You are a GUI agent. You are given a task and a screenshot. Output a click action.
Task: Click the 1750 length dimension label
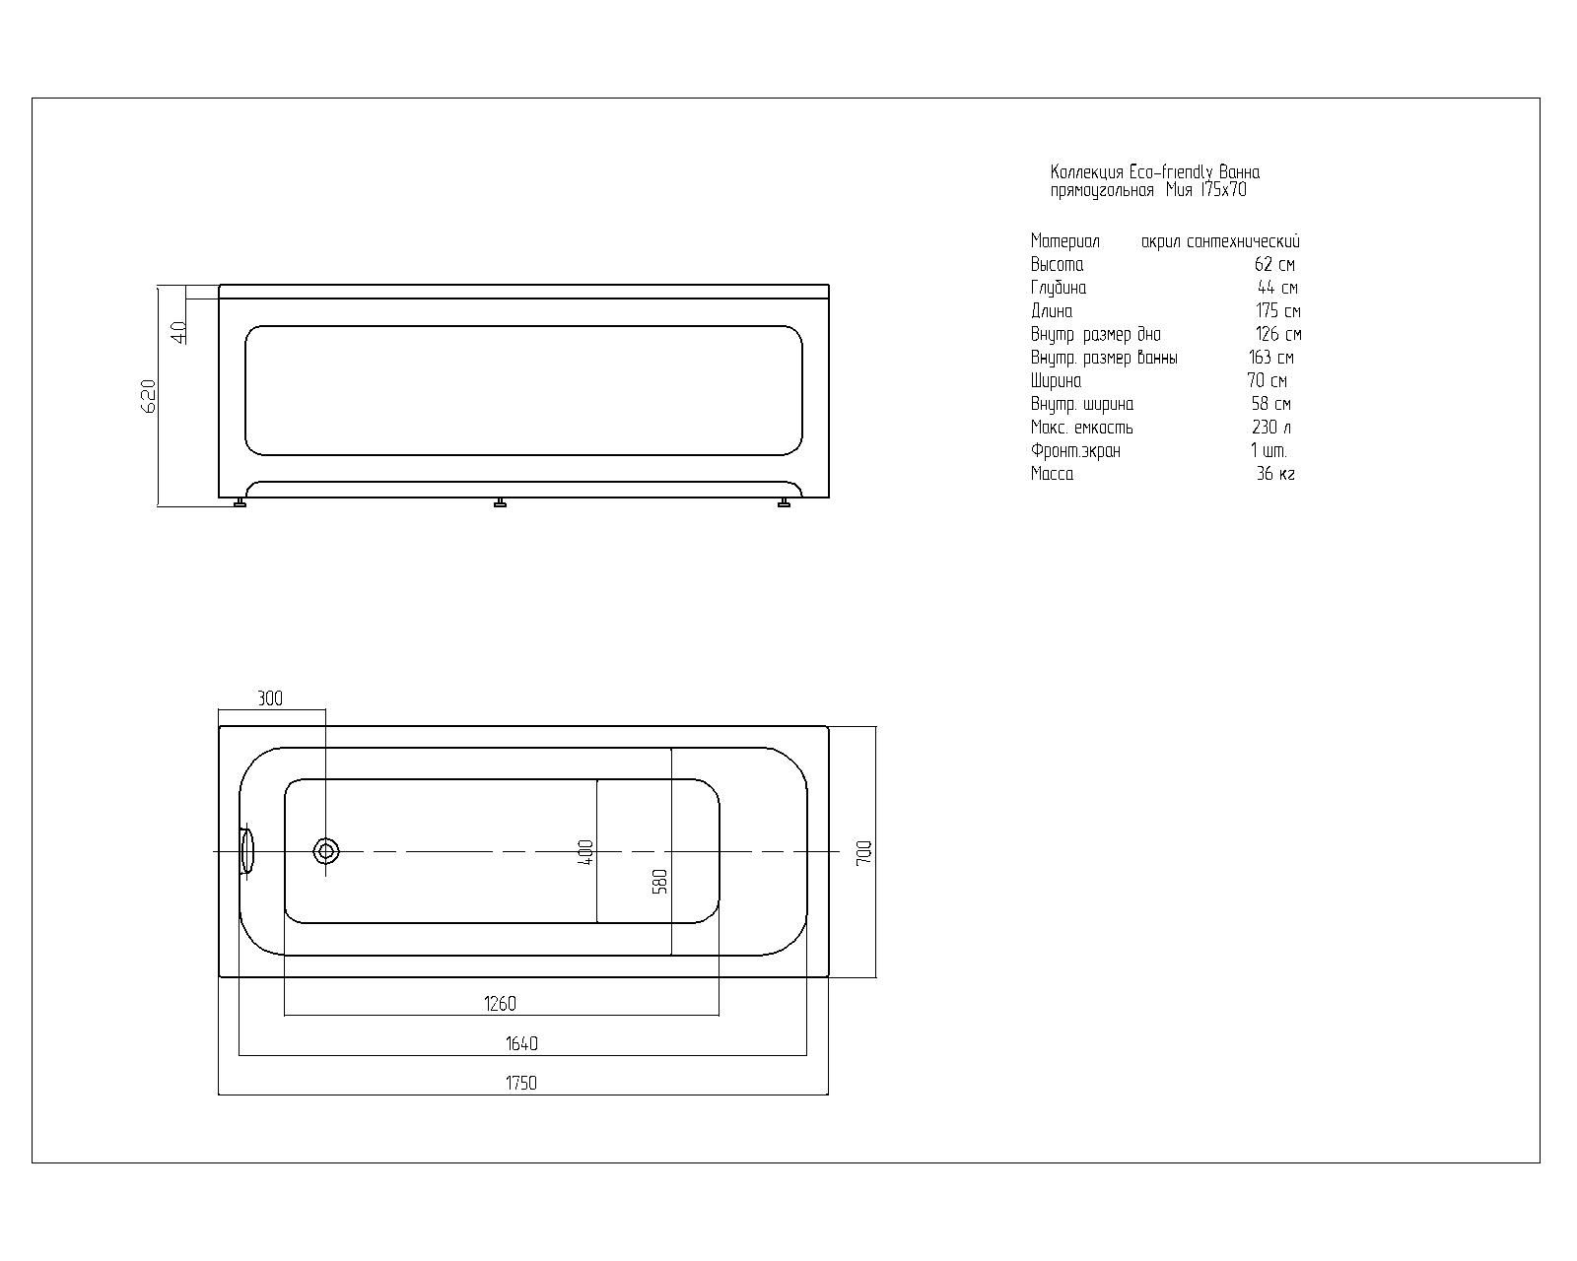[521, 1083]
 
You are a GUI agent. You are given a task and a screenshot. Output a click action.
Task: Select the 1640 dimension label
[521, 1043]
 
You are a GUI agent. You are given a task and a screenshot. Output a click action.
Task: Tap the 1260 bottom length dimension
[500, 1004]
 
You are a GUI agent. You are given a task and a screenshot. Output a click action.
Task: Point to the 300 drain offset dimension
[270, 698]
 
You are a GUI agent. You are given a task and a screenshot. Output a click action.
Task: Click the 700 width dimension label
[864, 852]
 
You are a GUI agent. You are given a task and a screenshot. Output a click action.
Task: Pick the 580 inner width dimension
[659, 882]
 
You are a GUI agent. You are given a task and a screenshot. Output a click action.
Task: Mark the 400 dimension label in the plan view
[585, 853]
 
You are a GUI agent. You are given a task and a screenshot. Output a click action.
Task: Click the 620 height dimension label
[148, 396]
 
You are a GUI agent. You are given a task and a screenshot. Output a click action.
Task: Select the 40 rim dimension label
[178, 333]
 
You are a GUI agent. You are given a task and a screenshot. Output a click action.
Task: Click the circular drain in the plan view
[325, 851]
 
